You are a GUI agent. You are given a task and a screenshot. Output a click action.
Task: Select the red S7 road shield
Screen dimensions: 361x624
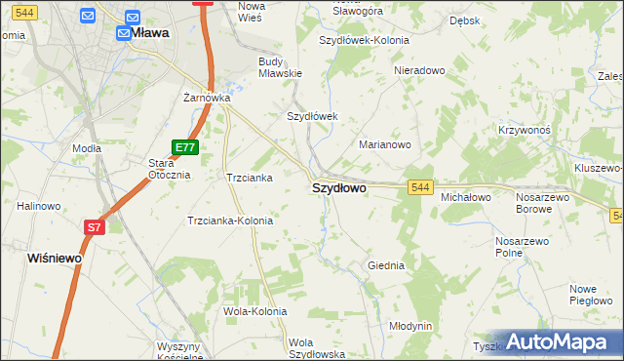click(x=93, y=227)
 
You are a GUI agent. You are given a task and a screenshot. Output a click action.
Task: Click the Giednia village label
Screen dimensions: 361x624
click(x=385, y=264)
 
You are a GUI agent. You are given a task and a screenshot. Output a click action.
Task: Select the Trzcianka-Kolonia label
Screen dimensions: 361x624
click(x=230, y=221)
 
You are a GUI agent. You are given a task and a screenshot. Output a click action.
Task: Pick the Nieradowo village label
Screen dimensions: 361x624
click(x=418, y=71)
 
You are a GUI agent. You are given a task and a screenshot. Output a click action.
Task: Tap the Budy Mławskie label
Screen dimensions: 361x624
click(x=280, y=66)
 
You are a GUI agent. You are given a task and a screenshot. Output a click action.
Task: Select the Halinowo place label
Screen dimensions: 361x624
click(x=39, y=206)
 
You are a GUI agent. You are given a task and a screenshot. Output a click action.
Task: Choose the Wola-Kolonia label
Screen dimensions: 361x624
click(x=254, y=311)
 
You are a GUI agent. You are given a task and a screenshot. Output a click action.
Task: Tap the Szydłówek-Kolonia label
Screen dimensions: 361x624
click(x=365, y=41)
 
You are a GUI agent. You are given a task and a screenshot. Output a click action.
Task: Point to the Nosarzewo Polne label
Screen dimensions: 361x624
click(x=522, y=246)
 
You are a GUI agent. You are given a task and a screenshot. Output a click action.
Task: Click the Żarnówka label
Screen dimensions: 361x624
click(x=207, y=98)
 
